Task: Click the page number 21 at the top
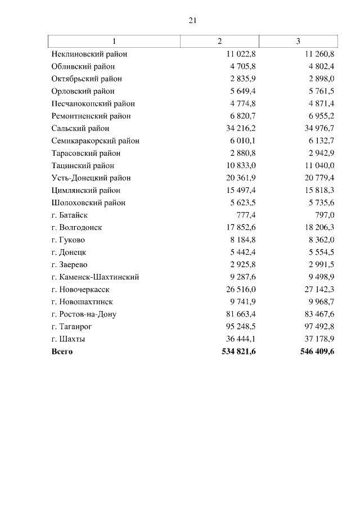pos(192,20)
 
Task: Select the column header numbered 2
pos(219,42)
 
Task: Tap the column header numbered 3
pos(298,42)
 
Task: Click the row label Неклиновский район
pos(89,54)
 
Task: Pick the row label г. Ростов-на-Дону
pos(84,314)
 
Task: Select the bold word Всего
pos(62,352)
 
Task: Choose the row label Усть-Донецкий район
pos(91,178)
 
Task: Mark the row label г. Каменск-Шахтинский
pos(95,277)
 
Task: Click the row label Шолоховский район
pos(88,202)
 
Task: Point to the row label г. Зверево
pos(69,264)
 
